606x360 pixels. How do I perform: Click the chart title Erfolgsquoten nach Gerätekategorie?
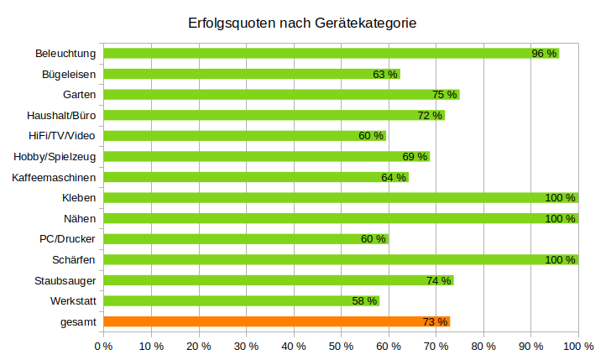tap(302, 23)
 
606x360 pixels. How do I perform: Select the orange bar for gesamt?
tap(276, 321)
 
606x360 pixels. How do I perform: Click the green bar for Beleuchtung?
tap(331, 54)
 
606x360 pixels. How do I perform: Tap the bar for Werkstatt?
tap(241, 300)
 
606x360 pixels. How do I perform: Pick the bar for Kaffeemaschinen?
tap(255, 177)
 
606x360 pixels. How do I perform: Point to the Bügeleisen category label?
tap(69, 74)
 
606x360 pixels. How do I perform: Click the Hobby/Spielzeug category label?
tap(55, 156)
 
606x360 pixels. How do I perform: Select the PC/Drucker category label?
tap(68, 238)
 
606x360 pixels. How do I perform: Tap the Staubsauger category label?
tap(65, 280)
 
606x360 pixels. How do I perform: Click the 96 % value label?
tap(545, 54)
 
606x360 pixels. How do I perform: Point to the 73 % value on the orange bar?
tap(435, 321)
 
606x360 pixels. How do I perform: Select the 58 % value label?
tap(364, 300)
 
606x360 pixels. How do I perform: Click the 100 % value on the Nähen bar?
tap(561, 218)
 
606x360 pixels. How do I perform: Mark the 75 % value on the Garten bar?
tap(445, 95)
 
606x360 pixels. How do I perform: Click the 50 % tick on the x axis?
tap(341, 345)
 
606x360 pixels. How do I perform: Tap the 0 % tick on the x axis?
tap(103, 345)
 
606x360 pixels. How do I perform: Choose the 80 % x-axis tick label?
tap(483, 345)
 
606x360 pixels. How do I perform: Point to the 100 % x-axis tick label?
tap(578, 345)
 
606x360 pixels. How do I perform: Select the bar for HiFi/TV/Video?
tap(244, 136)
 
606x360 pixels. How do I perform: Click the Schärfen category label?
tap(75, 259)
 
